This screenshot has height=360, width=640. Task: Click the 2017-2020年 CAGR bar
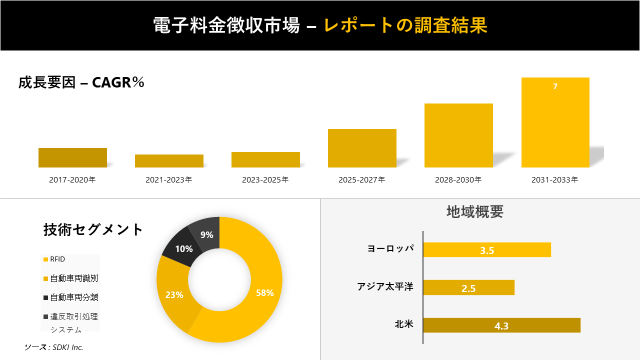72,157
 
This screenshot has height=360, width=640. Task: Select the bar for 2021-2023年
169,161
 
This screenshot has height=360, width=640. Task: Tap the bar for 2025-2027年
362,148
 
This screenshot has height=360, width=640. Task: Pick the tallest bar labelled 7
555,122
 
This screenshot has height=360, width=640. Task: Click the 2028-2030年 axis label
458,180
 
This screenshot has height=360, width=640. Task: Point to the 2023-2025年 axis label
265,180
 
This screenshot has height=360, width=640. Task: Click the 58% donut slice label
265,293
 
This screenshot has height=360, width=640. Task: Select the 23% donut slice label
174,295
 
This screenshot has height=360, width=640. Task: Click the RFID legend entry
57,259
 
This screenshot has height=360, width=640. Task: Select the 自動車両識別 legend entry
73,278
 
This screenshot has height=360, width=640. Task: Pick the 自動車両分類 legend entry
73,297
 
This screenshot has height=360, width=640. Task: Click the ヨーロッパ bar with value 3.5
487,250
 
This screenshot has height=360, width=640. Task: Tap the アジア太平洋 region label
385,287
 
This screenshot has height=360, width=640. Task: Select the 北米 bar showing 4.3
501,325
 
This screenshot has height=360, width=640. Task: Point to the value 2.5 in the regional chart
468,288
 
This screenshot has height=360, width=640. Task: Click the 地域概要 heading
474,212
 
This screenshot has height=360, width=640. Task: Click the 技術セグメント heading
93,229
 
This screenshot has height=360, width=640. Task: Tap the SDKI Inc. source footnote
54,347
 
